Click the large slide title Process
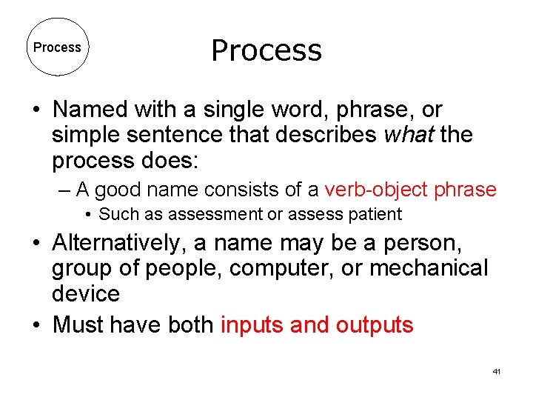click(266, 50)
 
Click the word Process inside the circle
click(57, 47)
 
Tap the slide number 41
click(496, 370)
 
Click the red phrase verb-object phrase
click(410, 190)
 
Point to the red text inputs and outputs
click(317, 324)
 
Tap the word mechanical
click(429, 267)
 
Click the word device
click(86, 293)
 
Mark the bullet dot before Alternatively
click(36, 244)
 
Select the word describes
click(324, 136)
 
